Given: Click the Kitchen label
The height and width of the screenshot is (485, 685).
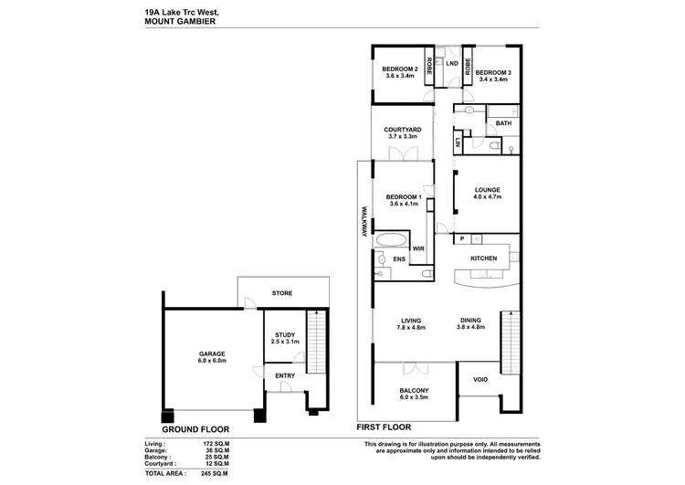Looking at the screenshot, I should tap(483, 258).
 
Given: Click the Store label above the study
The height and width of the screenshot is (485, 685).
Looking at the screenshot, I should tap(281, 294).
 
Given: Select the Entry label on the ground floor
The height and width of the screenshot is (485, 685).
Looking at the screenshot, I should tap(284, 375).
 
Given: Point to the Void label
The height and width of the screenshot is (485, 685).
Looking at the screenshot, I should tap(479, 379).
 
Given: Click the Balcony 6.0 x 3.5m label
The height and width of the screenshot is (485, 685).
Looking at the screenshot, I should tap(415, 394).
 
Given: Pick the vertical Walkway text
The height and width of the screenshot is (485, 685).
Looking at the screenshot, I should tap(364, 220).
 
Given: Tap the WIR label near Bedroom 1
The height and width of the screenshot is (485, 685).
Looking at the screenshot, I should tap(418, 248).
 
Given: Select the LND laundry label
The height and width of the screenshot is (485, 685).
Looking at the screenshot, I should tap(451, 63).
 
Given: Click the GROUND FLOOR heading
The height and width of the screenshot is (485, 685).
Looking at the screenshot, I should tap(195, 427).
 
